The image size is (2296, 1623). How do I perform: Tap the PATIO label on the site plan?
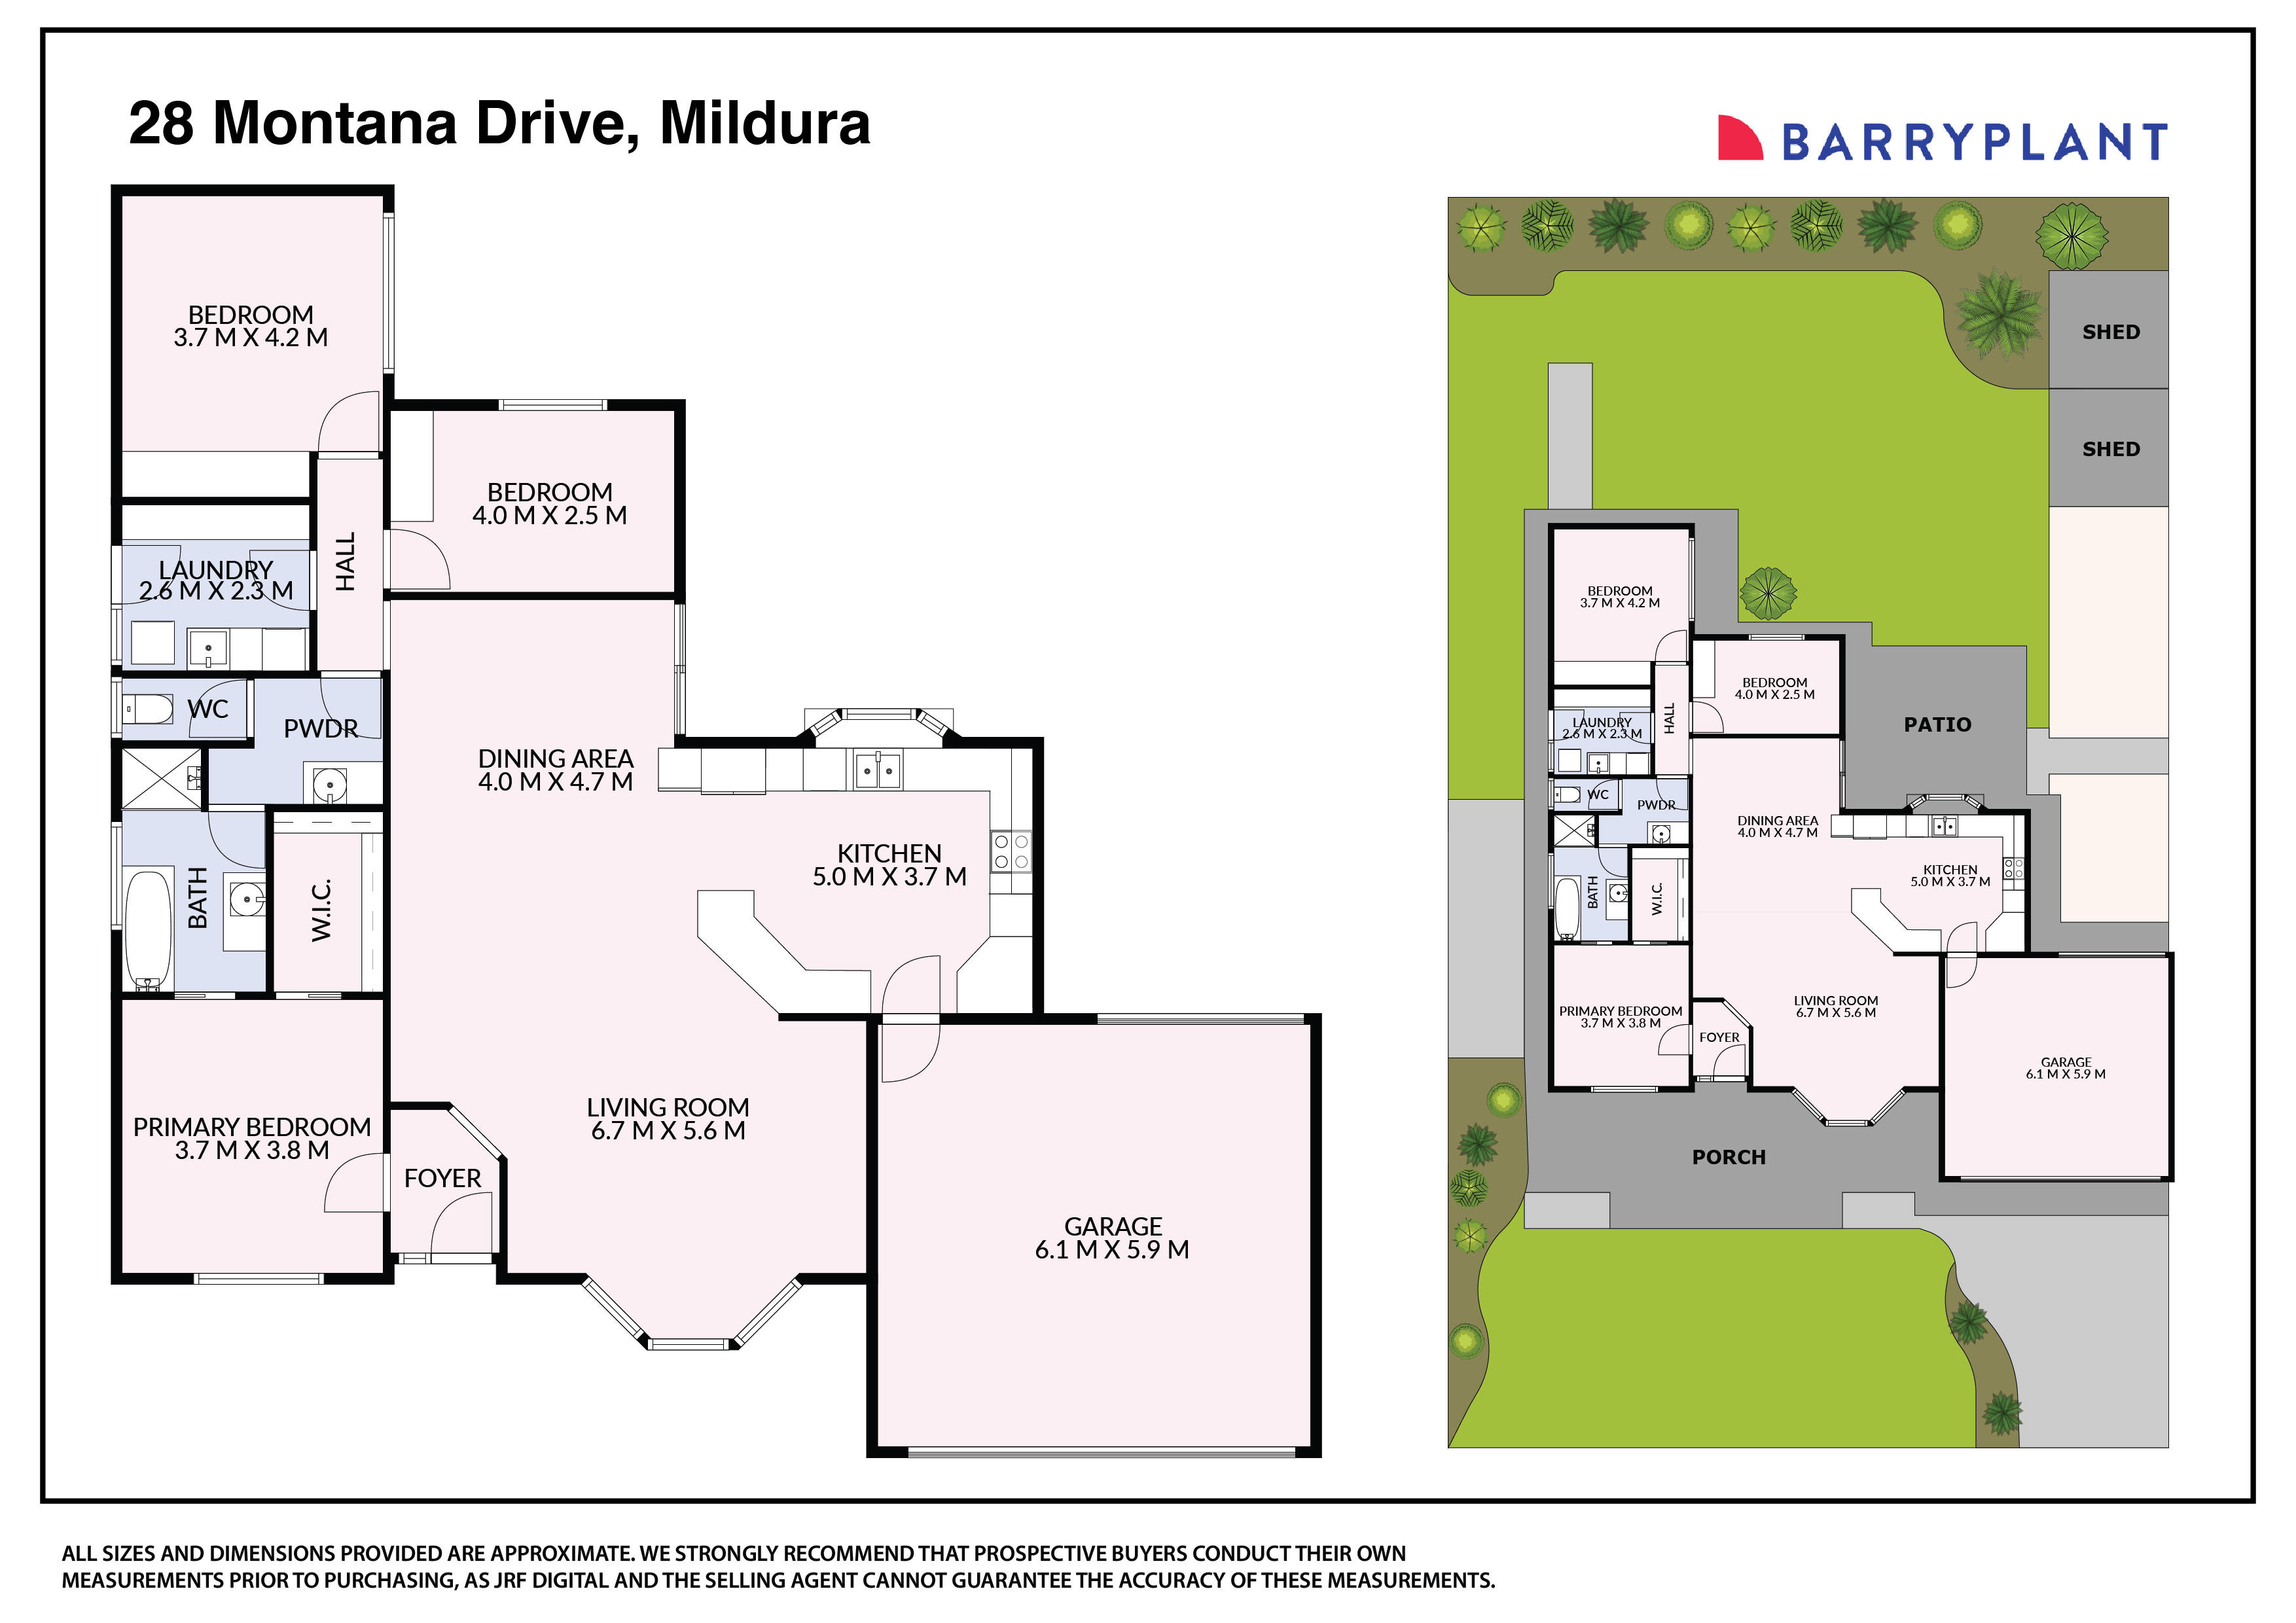(x=1937, y=724)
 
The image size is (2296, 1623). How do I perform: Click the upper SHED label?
(x=2111, y=332)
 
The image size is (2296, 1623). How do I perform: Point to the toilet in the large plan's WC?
(x=148, y=709)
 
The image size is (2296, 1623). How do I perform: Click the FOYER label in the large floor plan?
(x=442, y=1178)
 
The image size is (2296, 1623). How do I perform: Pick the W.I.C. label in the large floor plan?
(x=321, y=910)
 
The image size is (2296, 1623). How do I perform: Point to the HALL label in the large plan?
(x=345, y=562)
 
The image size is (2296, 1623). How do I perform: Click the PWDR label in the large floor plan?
(x=320, y=728)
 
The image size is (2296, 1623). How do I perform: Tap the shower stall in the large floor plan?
(x=158, y=778)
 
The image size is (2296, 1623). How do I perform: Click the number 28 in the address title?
(x=161, y=123)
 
